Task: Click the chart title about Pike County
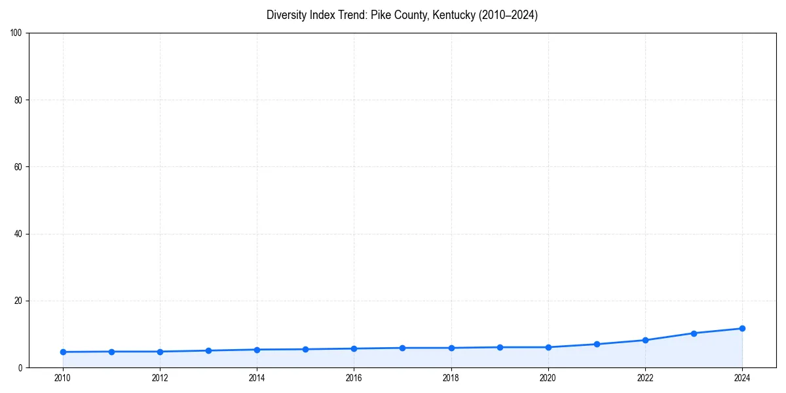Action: coord(402,15)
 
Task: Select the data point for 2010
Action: coord(63,352)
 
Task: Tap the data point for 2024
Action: coord(742,328)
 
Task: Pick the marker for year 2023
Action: coord(694,333)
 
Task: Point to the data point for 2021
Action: coord(597,344)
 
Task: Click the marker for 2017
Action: coord(402,348)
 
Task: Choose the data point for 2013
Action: coord(208,350)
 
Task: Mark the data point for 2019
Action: coord(500,347)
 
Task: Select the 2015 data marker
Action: coord(305,349)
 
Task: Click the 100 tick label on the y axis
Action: coord(17,33)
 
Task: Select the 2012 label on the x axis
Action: coord(160,377)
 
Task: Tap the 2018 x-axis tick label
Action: coord(451,377)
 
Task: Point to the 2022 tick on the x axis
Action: coord(645,377)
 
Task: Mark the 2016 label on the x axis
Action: coord(354,377)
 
